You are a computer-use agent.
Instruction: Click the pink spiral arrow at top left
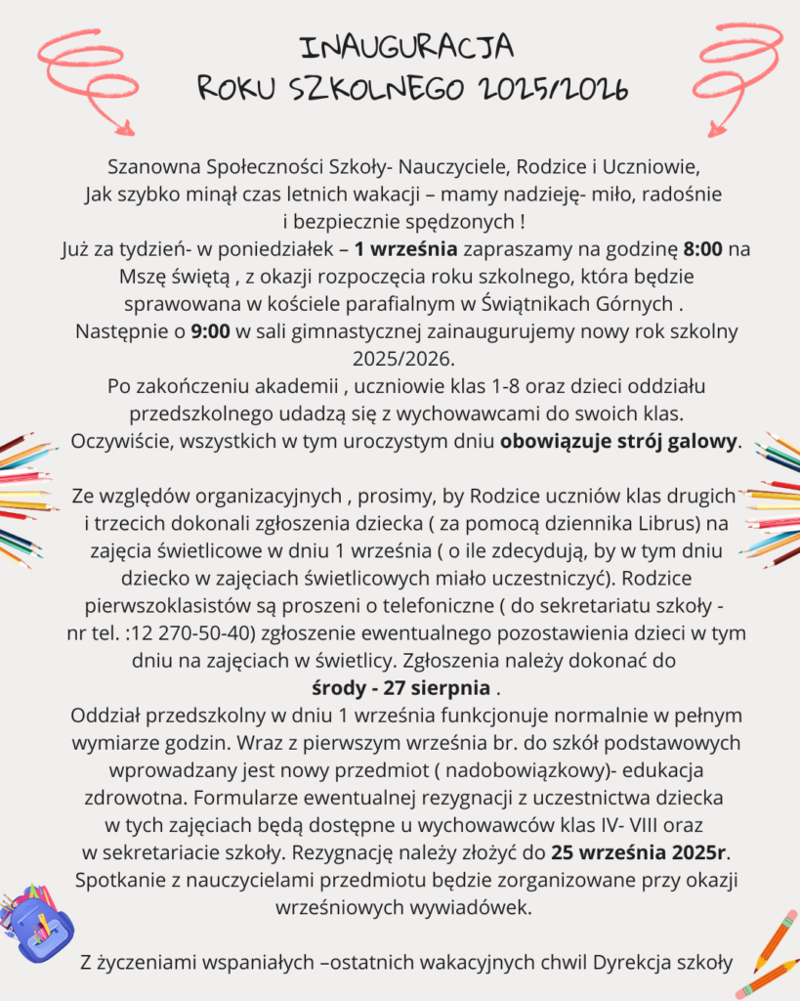87,78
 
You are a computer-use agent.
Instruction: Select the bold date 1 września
405,248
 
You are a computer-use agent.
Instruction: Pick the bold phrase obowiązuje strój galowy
619,440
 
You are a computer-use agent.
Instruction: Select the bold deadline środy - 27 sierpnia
401,683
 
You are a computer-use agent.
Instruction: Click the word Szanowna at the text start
145,161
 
